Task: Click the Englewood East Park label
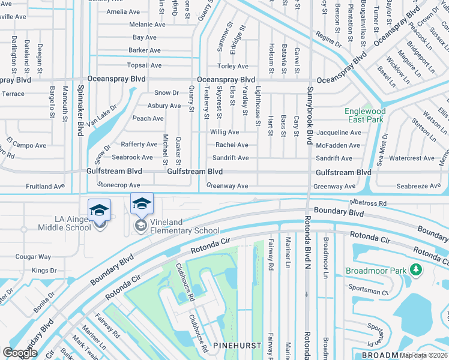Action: pyautogui.click(x=365, y=116)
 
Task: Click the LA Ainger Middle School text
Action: pyautogui.click(x=65, y=223)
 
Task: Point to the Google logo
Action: pyautogui.click(x=20, y=353)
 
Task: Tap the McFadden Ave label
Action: pyautogui.click(x=338, y=145)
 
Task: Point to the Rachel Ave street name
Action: pyautogui.click(x=232, y=145)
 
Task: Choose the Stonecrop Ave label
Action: pyautogui.click(x=119, y=186)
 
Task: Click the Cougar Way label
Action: pyautogui.click(x=33, y=257)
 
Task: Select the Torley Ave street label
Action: pyautogui.click(x=232, y=66)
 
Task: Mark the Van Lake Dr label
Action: pyautogui.click(x=101, y=115)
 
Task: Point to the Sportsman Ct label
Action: pyautogui.click(x=369, y=292)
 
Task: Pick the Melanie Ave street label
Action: pyautogui.click(x=147, y=25)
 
